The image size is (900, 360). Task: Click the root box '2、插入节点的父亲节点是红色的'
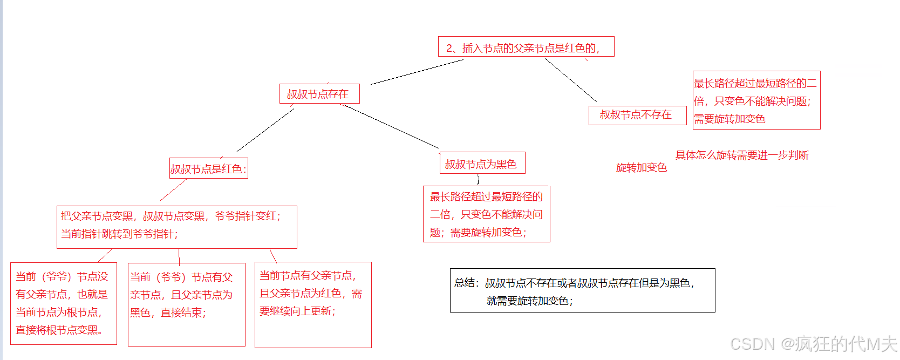pos(526,47)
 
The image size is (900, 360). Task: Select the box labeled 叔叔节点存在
pos(319,94)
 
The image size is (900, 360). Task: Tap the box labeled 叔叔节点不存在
pos(637,115)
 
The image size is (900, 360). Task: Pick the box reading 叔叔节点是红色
pos(208,169)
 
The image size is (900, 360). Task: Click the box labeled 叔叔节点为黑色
pos(482,164)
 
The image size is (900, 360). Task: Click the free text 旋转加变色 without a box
pos(642,167)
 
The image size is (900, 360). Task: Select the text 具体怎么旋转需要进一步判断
pos(742,155)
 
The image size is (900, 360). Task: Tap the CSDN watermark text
pos(813,344)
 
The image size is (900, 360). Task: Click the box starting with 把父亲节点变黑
pos(176,227)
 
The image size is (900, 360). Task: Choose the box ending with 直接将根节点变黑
pos(63,303)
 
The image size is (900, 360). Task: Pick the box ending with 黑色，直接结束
pos(186,304)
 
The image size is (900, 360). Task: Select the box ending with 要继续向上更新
pos(312,304)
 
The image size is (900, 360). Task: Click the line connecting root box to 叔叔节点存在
pos(417,72)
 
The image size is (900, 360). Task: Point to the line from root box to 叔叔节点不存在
pos(570,79)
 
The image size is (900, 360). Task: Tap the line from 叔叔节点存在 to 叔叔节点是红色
pos(265,130)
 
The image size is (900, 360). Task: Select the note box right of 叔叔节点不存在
pos(756,100)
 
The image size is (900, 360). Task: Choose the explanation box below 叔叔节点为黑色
pos(486,214)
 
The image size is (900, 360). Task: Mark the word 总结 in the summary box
pos(465,283)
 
